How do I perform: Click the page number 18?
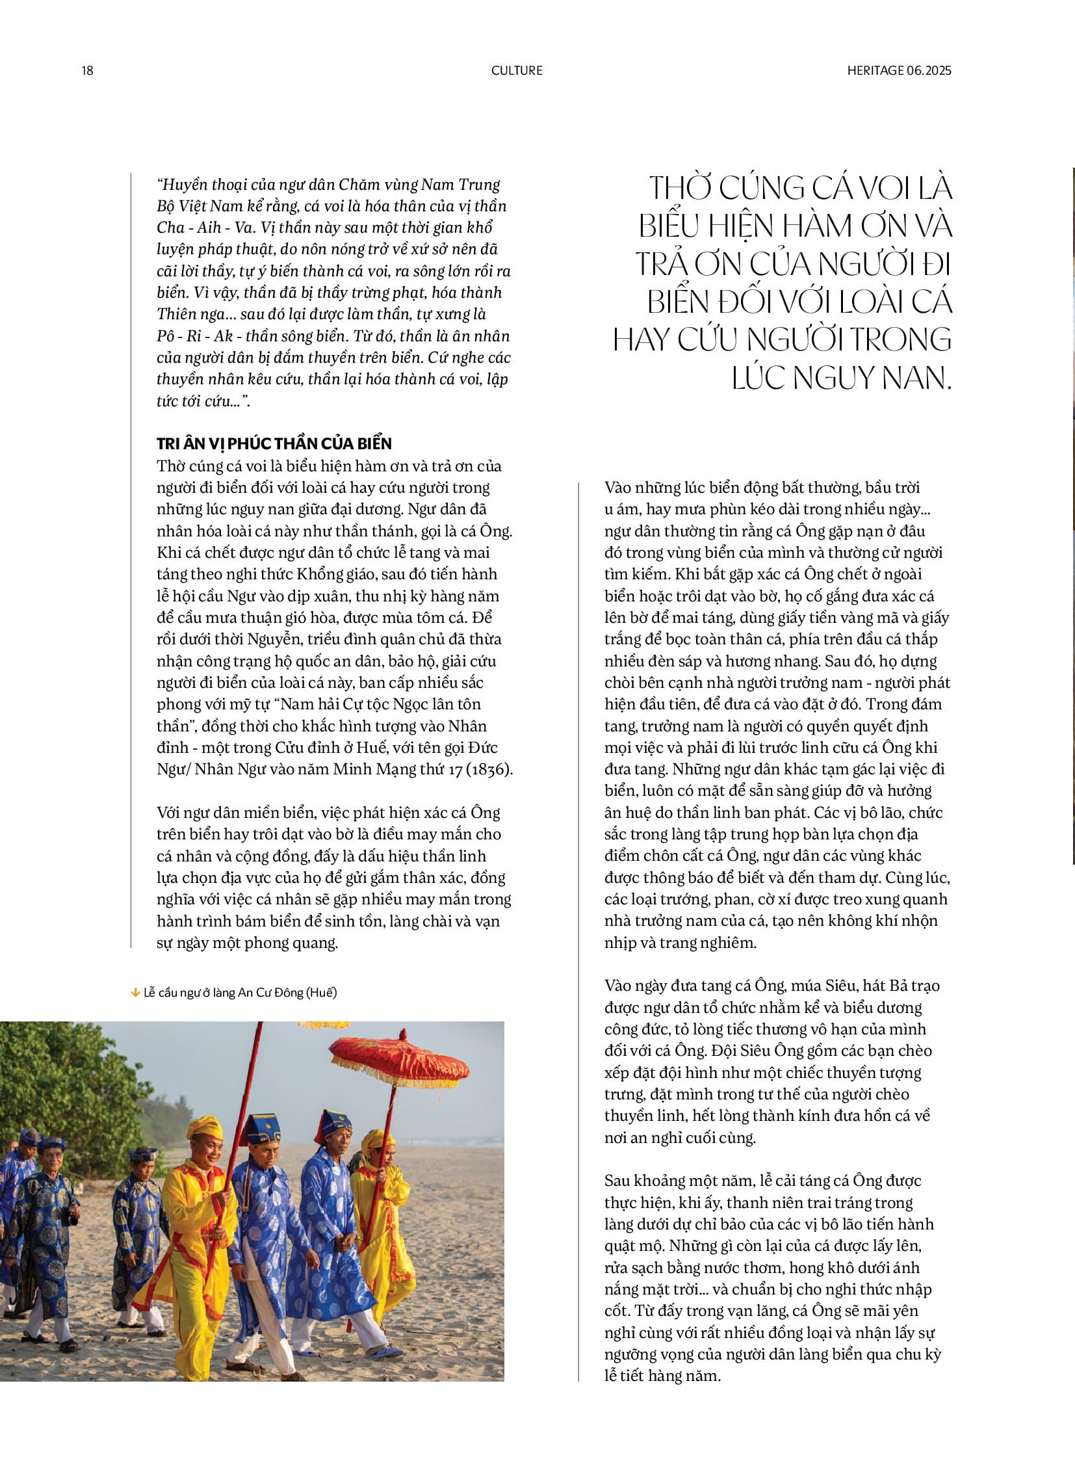click(87, 70)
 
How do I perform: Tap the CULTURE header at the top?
click(517, 70)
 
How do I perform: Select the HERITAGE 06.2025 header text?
click(899, 70)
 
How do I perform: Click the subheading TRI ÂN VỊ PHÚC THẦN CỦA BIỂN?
click(274, 444)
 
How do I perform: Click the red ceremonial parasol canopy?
click(399, 1058)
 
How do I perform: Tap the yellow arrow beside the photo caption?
click(135, 992)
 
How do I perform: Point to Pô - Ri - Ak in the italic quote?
click(194, 336)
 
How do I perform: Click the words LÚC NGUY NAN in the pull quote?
click(842, 378)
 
